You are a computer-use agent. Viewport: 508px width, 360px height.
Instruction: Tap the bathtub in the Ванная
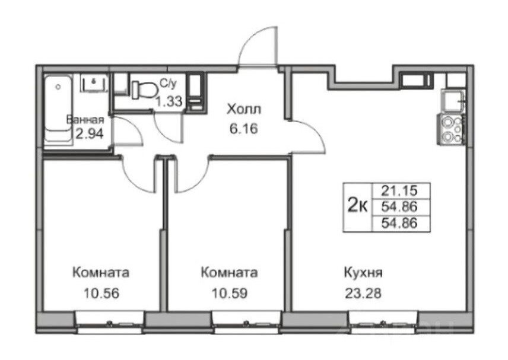click(58, 111)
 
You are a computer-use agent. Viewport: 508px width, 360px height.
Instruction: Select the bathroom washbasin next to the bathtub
click(94, 83)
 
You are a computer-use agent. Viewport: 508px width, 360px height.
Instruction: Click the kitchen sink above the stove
click(453, 101)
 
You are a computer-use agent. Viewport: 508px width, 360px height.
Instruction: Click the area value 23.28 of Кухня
click(363, 294)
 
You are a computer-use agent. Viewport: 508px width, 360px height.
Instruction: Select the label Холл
click(244, 109)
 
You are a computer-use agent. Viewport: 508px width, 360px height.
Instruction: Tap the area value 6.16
click(244, 129)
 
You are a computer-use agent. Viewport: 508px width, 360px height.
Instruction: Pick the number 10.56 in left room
click(101, 294)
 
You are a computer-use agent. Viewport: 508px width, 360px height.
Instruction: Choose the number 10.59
click(230, 294)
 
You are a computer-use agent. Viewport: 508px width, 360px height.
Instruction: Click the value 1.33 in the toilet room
click(169, 101)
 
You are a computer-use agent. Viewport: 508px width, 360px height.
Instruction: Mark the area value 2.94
click(90, 133)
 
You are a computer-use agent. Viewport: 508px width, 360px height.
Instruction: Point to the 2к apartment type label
click(357, 205)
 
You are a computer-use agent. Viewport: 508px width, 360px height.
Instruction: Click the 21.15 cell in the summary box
click(399, 191)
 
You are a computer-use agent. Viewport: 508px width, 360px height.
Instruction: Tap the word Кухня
click(363, 273)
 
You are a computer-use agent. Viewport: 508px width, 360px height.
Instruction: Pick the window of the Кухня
click(383, 321)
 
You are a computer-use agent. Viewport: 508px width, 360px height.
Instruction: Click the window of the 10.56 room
click(110, 321)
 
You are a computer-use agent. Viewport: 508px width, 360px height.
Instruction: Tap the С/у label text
click(169, 84)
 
